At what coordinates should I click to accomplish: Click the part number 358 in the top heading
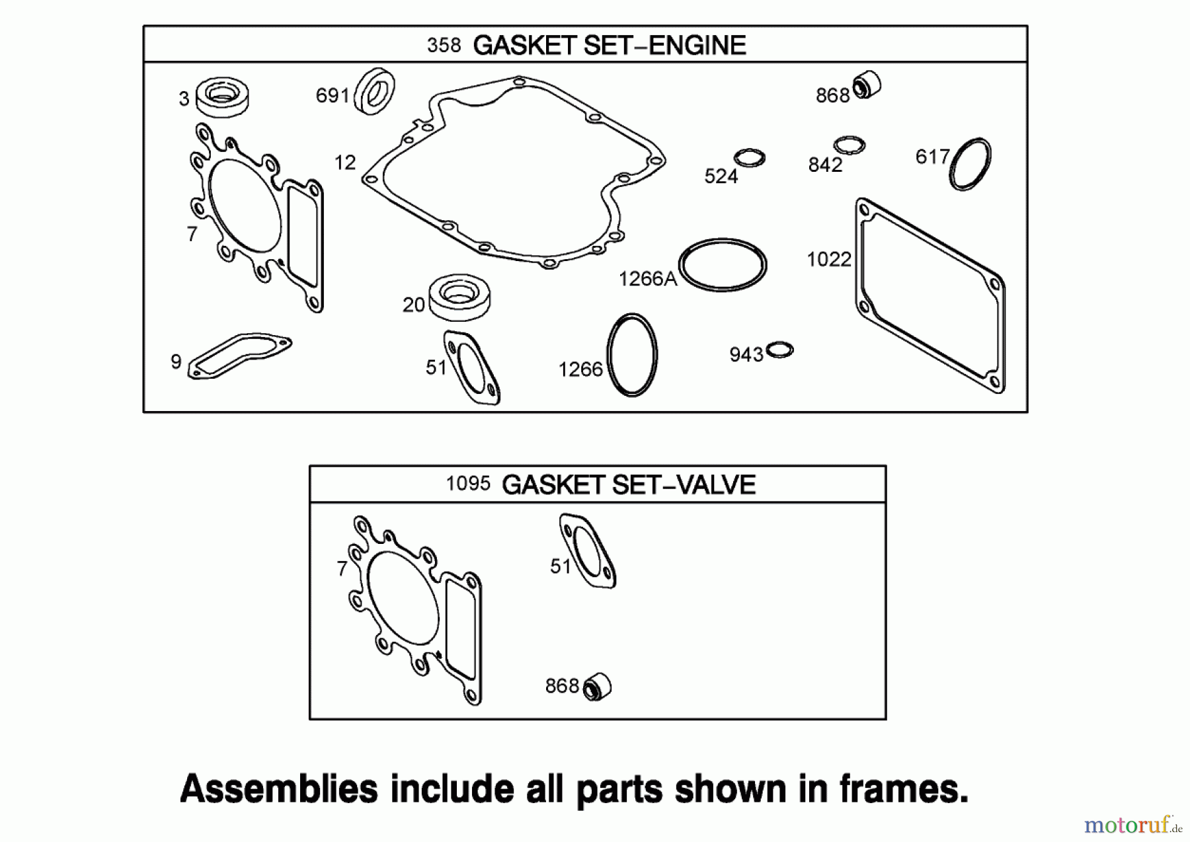coord(444,45)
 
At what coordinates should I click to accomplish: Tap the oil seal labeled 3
coord(223,96)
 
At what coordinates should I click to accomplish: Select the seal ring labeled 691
coord(375,91)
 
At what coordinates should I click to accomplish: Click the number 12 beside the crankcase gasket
coord(345,163)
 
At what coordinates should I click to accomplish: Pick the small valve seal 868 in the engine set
coord(867,85)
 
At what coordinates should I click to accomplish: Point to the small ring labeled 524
coord(750,158)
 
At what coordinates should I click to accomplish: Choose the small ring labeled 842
coord(849,145)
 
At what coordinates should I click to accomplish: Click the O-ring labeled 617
coord(970,165)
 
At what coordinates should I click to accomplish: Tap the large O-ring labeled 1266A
coord(723,265)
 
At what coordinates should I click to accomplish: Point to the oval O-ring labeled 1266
coord(632,355)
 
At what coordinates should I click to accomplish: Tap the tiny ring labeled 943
coord(780,350)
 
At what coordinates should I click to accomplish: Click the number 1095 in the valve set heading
coord(467,484)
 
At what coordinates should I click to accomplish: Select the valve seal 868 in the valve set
coord(597,687)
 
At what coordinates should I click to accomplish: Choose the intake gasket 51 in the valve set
coord(588,551)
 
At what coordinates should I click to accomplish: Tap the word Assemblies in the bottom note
coord(278,789)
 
